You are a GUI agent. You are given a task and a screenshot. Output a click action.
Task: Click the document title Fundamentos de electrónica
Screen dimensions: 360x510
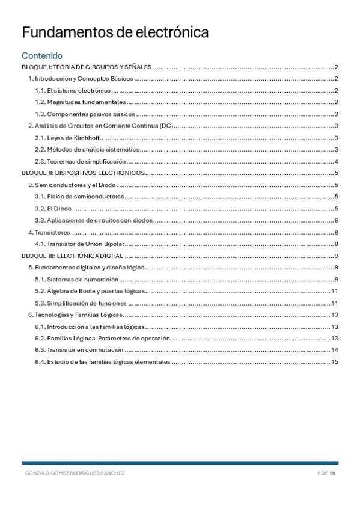115,32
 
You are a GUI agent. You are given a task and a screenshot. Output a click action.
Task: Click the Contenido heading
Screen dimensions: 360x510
46,55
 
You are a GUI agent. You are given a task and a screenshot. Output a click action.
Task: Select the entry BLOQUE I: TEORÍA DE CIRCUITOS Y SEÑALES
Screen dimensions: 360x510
86,67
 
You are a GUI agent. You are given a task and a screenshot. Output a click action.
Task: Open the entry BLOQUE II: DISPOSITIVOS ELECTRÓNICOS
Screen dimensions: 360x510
84,173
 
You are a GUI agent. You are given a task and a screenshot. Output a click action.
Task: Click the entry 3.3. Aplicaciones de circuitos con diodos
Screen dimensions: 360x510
93,220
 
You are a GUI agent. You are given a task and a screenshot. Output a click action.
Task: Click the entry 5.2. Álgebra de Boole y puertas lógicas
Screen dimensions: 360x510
90,291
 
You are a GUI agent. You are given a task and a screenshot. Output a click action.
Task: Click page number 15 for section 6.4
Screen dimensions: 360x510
335,362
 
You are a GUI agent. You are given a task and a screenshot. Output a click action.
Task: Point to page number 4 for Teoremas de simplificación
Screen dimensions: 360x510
337,161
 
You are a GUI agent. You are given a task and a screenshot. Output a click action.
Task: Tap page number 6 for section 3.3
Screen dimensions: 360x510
337,220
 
